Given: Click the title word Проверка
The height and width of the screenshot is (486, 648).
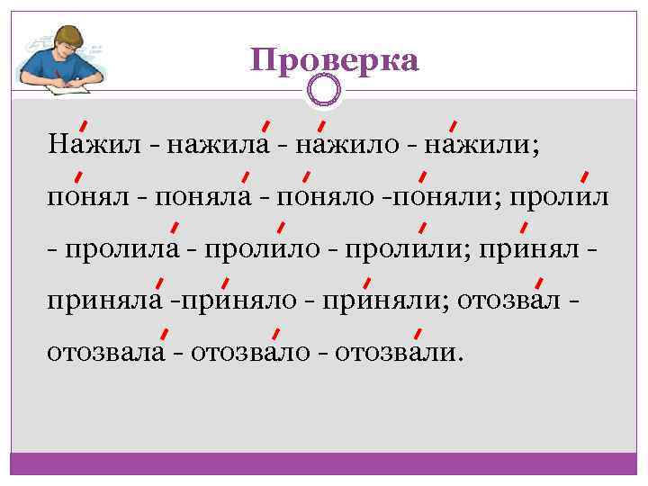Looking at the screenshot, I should pyautogui.click(x=335, y=60).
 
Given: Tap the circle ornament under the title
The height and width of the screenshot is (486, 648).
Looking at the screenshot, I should pyautogui.click(x=323, y=90).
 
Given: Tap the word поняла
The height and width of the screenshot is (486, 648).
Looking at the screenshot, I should pyautogui.click(x=203, y=195).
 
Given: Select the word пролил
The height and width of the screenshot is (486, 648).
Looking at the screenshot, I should pyautogui.click(x=560, y=195).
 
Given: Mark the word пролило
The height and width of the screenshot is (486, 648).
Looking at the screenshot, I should pyautogui.click(x=261, y=247).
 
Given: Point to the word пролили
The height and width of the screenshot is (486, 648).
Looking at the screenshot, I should pyautogui.click(x=400, y=247).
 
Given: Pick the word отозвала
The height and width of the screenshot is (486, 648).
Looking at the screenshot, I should pyautogui.click(x=106, y=350).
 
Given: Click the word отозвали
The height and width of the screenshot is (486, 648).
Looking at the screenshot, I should pyautogui.click(x=396, y=350).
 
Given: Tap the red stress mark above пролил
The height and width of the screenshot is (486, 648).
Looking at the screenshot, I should pyautogui.click(x=585, y=175).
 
